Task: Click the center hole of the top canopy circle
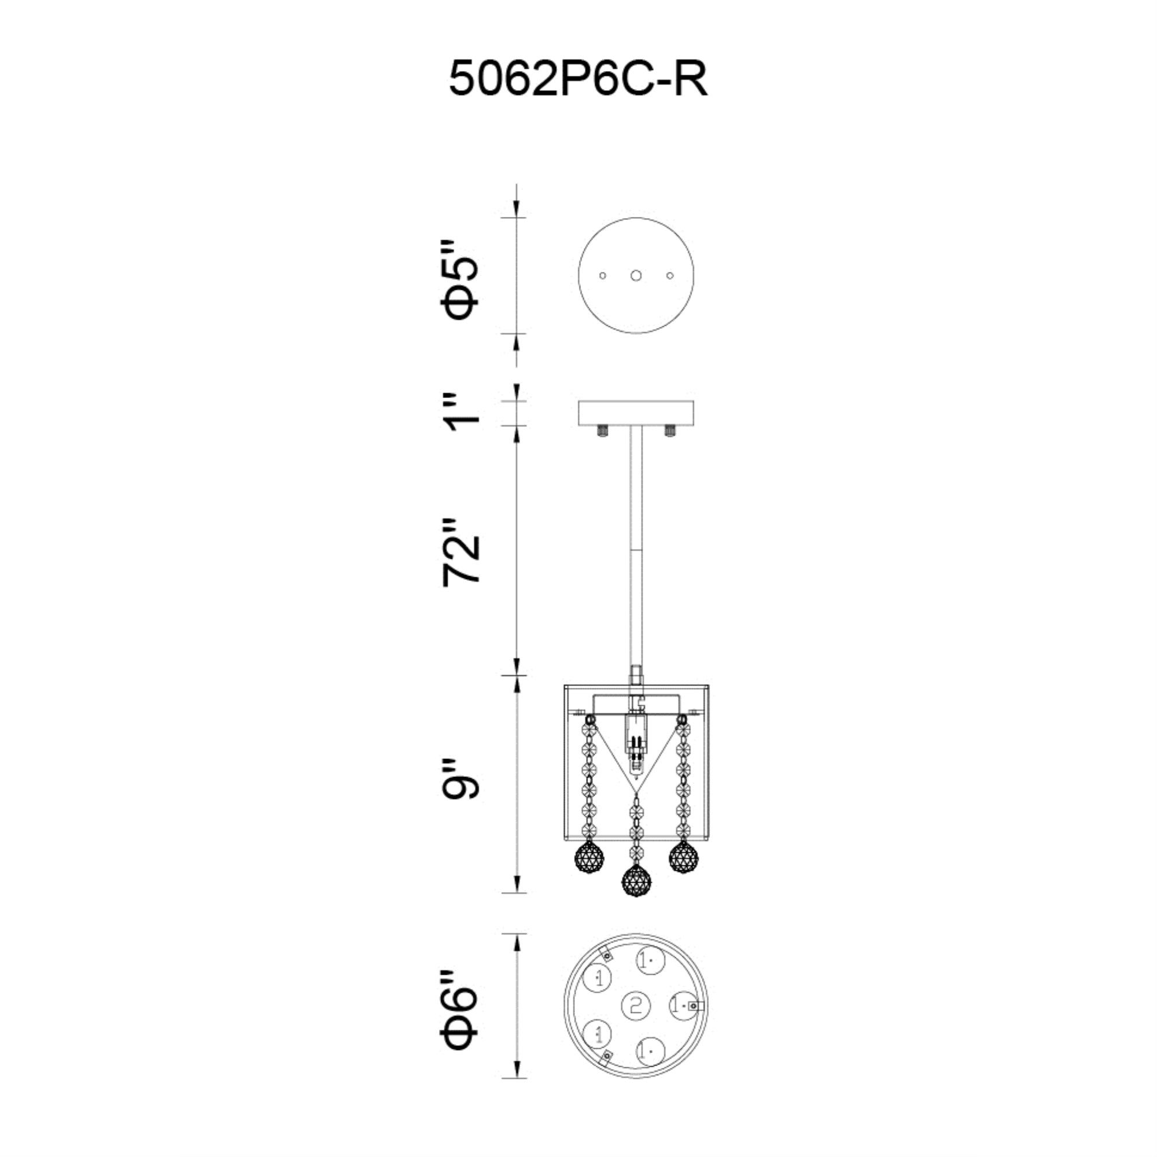click(x=636, y=275)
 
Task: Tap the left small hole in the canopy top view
click(x=602, y=275)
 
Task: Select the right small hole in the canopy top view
click(x=669, y=275)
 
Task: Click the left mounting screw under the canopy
click(x=602, y=430)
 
